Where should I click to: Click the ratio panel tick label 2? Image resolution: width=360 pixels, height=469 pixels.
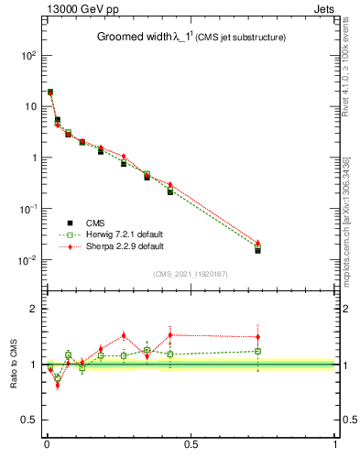click(x=32, y=309)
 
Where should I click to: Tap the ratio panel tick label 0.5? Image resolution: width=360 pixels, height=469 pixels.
click(x=27, y=420)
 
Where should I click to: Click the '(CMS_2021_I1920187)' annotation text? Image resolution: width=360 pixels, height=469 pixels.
click(x=190, y=273)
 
